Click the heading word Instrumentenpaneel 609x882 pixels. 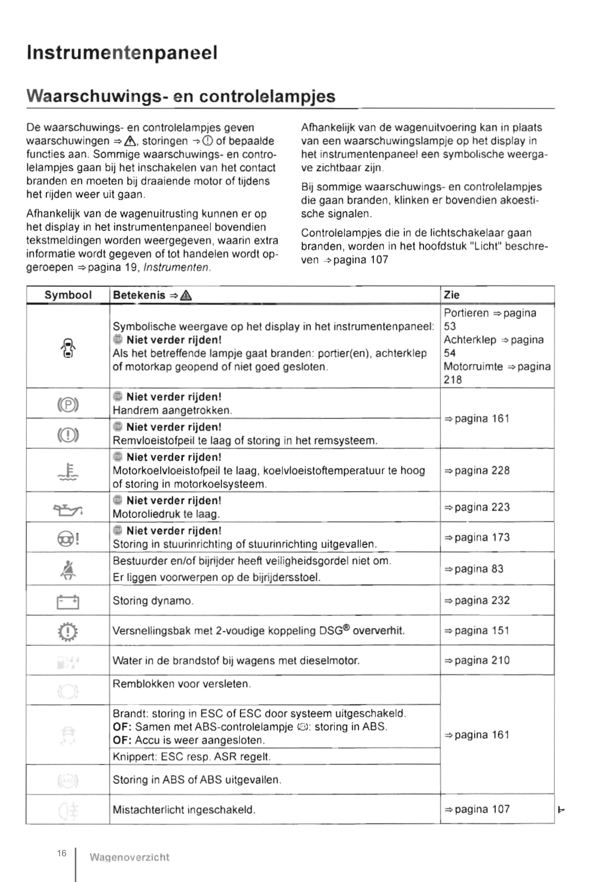pyautogui.click(x=122, y=53)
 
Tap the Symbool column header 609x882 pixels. pyautogui.click(x=68, y=295)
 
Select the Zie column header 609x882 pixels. pyautogui.click(x=451, y=295)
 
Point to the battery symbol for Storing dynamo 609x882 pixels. pyautogui.click(x=68, y=602)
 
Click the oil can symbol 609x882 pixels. pyautogui.click(x=68, y=510)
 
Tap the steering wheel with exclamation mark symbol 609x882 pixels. pyautogui.click(x=68, y=539)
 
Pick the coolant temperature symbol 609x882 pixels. pyautogui.click(x=68, y=471)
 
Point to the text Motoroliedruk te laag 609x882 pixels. pyautogui.click(x=166, y=514)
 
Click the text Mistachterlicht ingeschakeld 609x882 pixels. pyautogui.click(x=184, y=809)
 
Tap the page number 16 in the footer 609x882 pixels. pyautogui.click(x=62, y=853)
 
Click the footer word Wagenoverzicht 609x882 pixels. pyautogui.click(x=129, y=857)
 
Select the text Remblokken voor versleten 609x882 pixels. pyautogui.click(x=181, y=684)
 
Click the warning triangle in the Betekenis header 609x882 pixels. pyautogui.click(x=187, y=295)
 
